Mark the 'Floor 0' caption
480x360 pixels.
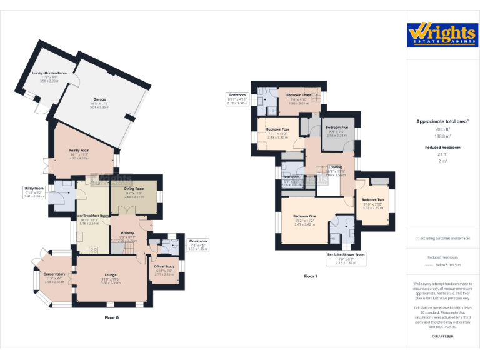pos(111,318)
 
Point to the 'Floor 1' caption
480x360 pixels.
pos(311,276)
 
